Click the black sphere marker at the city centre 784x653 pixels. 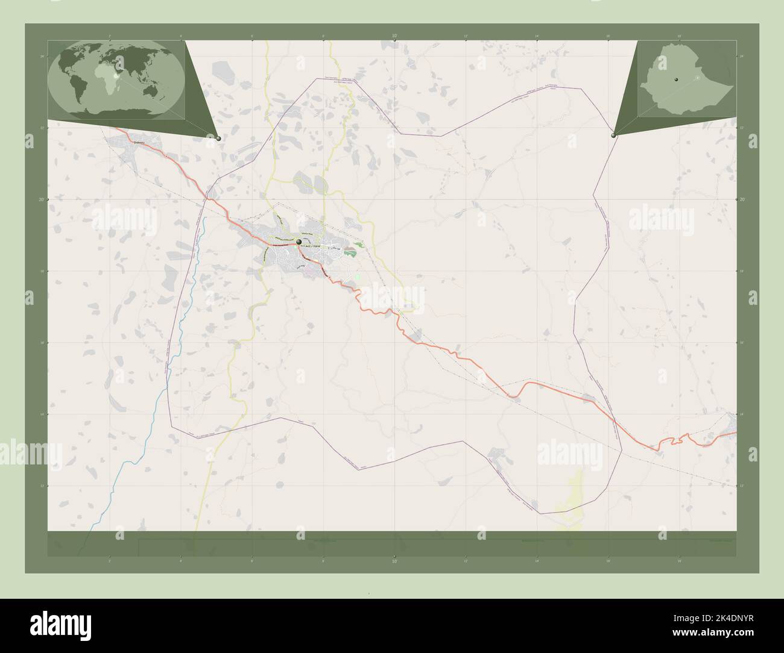299,242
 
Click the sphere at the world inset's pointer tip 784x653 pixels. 218,138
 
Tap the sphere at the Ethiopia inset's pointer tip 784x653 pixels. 613,136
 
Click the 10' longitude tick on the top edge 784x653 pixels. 394,37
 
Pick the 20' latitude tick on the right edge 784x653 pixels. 741,199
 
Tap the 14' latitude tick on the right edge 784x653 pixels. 741,414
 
